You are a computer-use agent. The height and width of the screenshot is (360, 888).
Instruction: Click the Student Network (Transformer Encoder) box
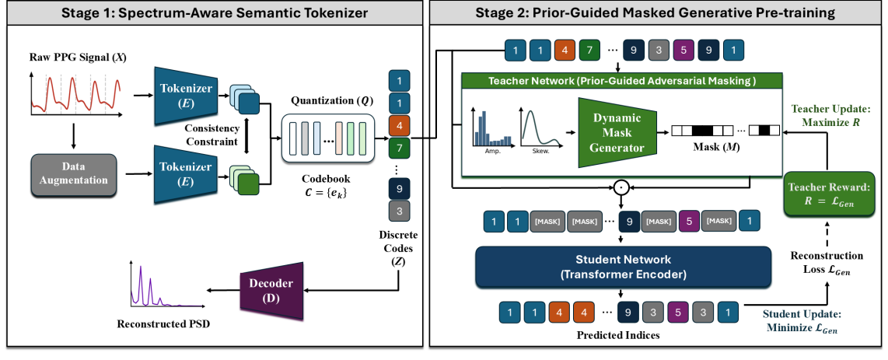[621, 267]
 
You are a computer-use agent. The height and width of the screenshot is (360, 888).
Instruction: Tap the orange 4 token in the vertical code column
[398, 124]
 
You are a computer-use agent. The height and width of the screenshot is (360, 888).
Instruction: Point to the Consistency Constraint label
[210, 135]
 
